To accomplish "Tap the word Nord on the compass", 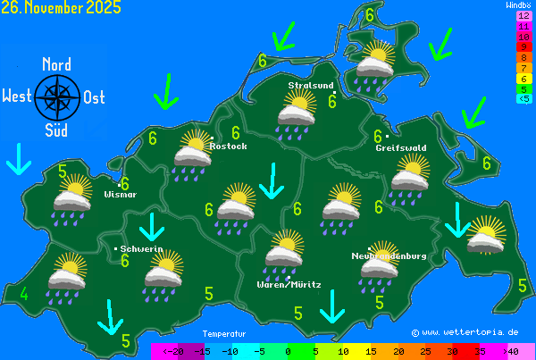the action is pos(56,64).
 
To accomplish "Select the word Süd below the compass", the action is pos(56,130).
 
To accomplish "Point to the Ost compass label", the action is pos(94,97).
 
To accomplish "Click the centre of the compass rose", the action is pos(56,97).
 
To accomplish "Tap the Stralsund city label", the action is pos(310,86).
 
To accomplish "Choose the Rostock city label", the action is pos(228,146).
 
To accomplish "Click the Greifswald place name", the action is pos(400,147).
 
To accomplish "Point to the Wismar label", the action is pos(120,194).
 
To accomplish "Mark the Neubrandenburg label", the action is pos(389,256).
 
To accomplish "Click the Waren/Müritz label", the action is pos(289,284).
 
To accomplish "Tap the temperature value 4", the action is pos(24,295).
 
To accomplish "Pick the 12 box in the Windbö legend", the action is pos(523,16).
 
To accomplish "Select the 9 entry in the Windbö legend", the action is pos(523,47).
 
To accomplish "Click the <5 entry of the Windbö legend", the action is pos(523,98).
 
